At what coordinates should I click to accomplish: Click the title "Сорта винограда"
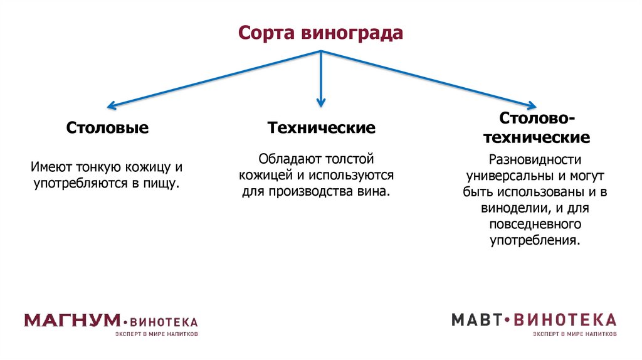[x=320, y=33]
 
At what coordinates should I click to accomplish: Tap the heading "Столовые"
[x=108, y=129]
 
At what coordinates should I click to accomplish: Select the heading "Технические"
[x=322, y=128]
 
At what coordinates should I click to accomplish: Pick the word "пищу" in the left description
[x=162, y=184]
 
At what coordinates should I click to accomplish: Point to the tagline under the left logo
[x=157, y=334]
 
